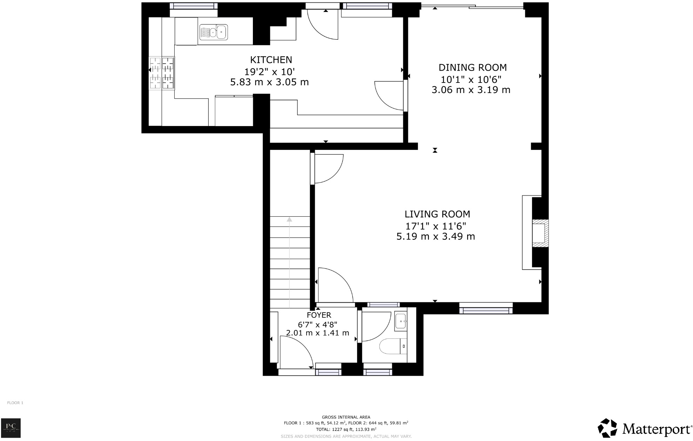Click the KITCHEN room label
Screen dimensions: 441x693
(271, 60)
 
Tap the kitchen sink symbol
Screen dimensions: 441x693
(213, 32)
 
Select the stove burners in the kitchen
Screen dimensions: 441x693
(162, 73)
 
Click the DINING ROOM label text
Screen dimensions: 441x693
(472, 67)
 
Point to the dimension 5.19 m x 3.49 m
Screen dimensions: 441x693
(436, 237)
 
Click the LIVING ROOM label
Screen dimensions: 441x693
(437, 214)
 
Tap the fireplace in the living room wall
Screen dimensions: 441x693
(539, 233)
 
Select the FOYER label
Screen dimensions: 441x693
(319, 315)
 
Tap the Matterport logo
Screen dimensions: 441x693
(645, 428)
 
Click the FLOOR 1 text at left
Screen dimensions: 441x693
(15, 403)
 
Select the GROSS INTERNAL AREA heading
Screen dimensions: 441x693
(346, 417)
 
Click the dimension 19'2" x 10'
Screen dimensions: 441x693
(269, 72)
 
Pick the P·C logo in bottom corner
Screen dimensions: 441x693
(11, 428)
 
